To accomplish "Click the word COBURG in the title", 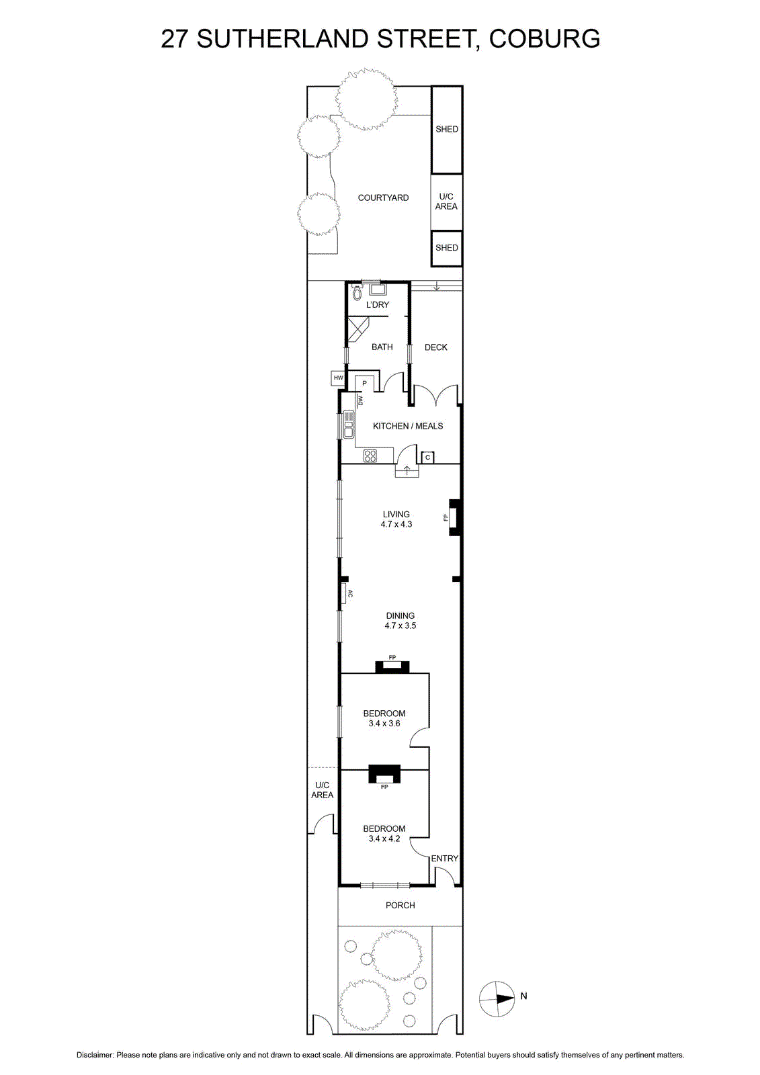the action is coord(544,38).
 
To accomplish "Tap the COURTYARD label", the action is coord(383,198).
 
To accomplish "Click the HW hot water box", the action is coord(338,378).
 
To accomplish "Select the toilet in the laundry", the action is coord(357,292).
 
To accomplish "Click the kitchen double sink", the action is coord(347,425).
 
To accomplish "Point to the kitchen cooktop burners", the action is coord(370,456).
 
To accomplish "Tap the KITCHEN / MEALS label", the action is coord(408,426).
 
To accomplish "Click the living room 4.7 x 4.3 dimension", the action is coord(396,524).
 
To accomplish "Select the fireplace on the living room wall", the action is coord(454,517).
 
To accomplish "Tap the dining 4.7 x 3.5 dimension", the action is coord(400,626).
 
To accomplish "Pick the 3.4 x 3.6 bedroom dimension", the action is coord(384,723).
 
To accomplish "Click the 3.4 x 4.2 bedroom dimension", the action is coord(384,838).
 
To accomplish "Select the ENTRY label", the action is coord(445,858).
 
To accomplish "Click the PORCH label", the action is coord(400,905).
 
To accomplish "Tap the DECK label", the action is coord(436,347).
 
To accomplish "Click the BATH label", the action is coord(382,347).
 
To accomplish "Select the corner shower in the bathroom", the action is coord(357,329).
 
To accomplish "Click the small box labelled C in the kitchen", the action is coord(427,458).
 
